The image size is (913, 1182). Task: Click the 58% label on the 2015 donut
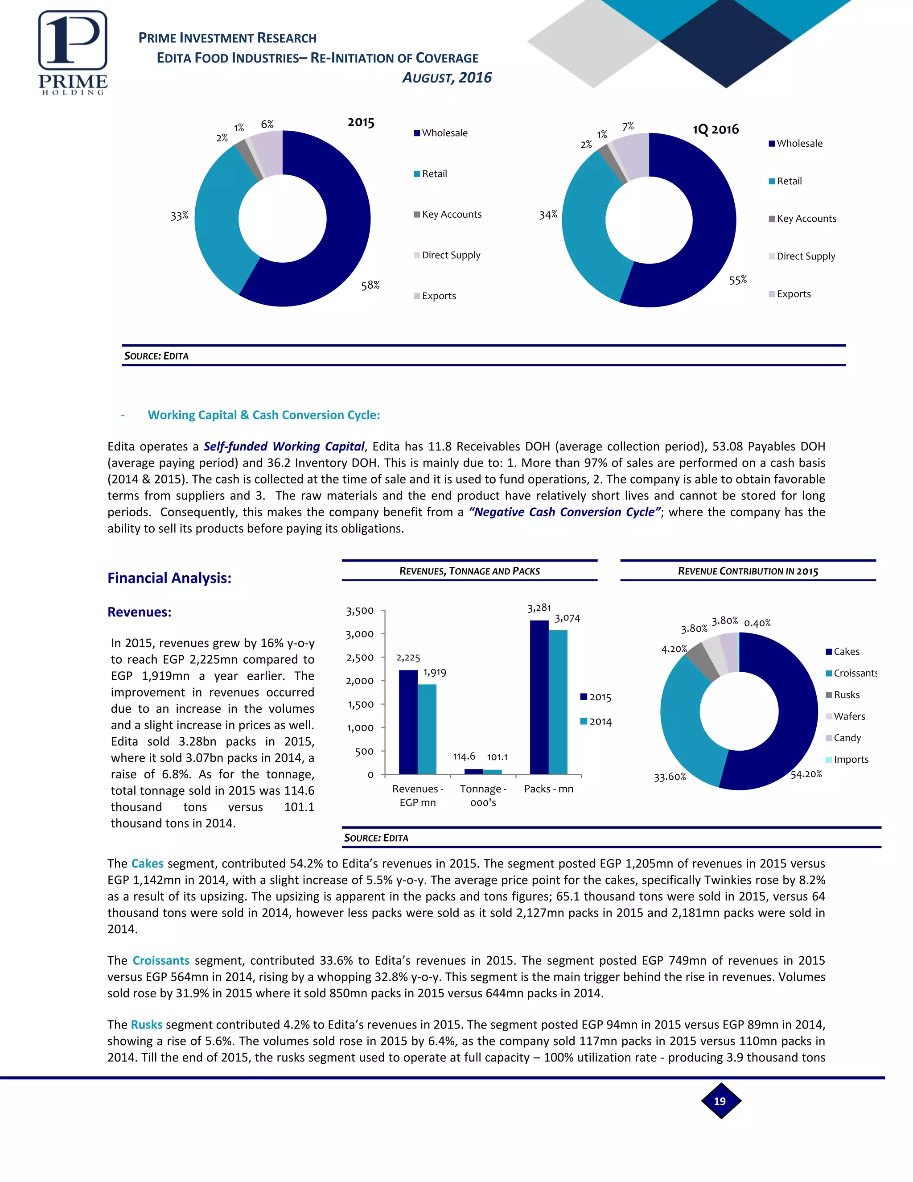coord(370,285)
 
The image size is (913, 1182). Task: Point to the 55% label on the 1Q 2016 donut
coord(738,280)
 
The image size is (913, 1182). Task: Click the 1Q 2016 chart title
coord(716,129)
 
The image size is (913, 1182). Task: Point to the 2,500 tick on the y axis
coord(360,657)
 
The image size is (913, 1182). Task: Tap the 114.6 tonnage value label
coord(464,756)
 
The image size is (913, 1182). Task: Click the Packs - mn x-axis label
coord(548,789)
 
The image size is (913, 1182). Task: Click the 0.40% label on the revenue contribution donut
coord(757,624)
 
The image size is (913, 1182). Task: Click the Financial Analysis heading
coord(169,578)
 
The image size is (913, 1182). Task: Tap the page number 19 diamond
coord(720,1101)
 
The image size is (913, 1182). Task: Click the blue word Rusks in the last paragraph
coord(147,1025)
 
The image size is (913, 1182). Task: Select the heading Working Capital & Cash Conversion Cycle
coord(264,415)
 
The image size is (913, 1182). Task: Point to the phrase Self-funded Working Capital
coord(284,446)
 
